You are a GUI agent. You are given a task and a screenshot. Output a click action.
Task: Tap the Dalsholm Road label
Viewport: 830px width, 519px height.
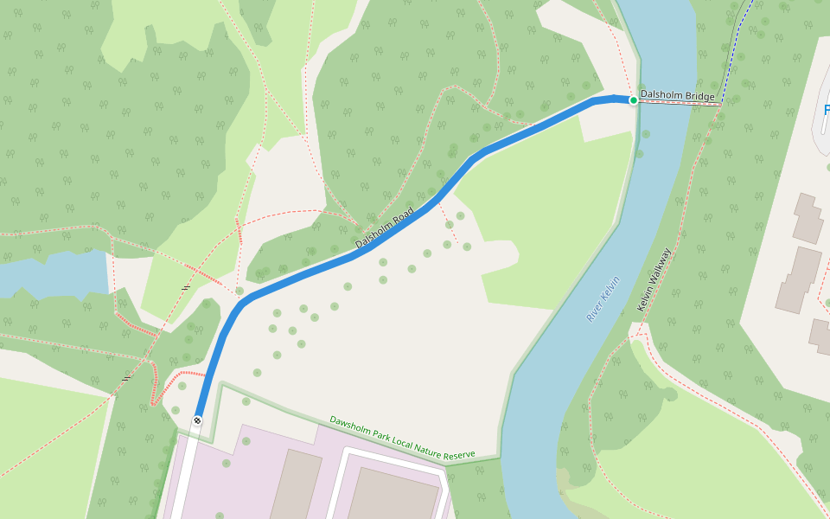click(384, 228)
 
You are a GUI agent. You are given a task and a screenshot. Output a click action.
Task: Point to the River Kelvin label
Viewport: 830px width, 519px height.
click(603, 299)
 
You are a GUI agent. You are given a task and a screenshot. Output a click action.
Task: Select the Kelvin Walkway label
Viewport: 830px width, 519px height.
click(654, 279)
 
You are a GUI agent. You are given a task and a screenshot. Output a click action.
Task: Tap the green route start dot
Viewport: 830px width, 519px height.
click(633, 101)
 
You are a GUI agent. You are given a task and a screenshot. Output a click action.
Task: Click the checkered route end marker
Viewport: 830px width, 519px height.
click(197, 420)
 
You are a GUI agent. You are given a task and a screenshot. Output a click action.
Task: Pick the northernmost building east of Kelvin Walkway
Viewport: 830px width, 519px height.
click(808, 218)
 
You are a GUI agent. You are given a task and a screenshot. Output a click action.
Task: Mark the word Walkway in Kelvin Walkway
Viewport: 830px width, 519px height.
click(658, 266)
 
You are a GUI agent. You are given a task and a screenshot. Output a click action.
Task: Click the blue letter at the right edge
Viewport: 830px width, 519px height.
click(825, 111)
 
